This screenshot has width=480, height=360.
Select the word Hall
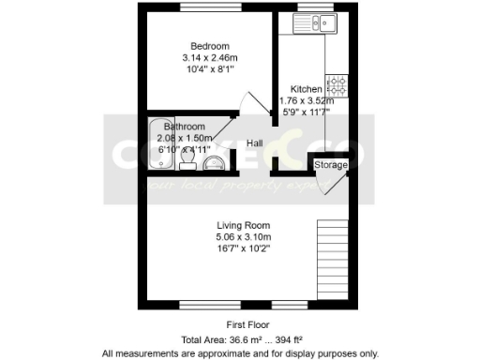[254, 143]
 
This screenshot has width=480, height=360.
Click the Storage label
[330, 165]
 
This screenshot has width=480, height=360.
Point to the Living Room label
[244, 225]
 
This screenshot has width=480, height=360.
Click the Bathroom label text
[184, 127]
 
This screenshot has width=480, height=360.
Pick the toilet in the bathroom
[187, 165]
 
